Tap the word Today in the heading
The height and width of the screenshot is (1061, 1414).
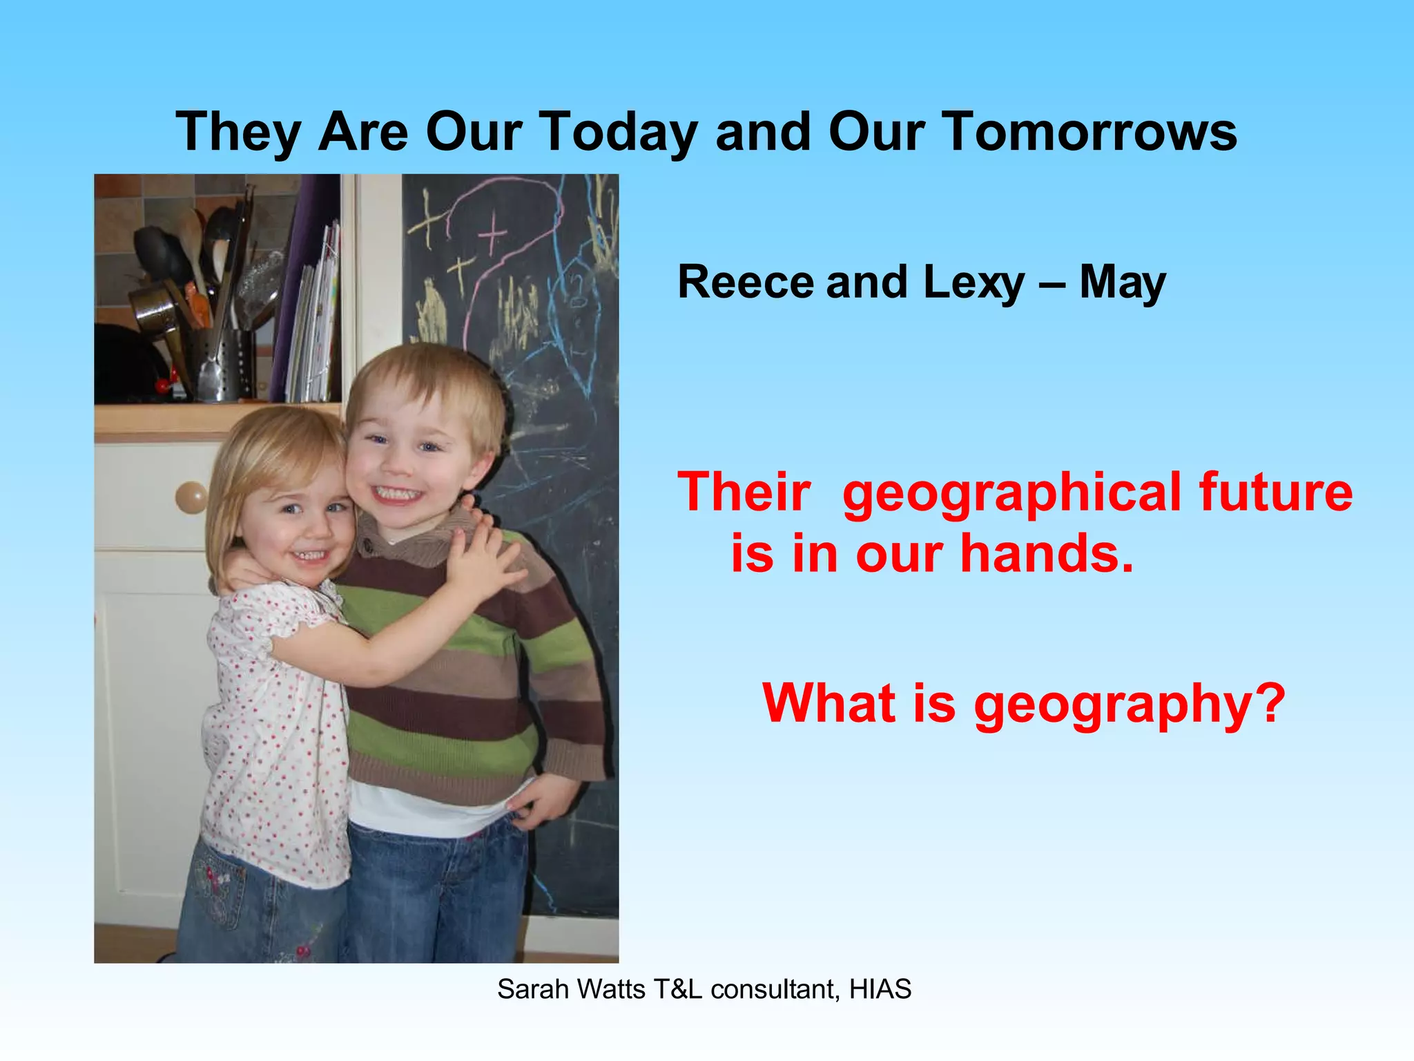[x=617, y=133]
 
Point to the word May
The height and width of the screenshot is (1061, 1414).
[x=1123, y=283]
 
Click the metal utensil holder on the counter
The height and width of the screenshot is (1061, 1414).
[x=221, y=365]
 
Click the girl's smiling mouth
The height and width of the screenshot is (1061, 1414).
[x=309, y=554]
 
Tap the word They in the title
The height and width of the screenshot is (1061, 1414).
[x=238, y=133]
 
